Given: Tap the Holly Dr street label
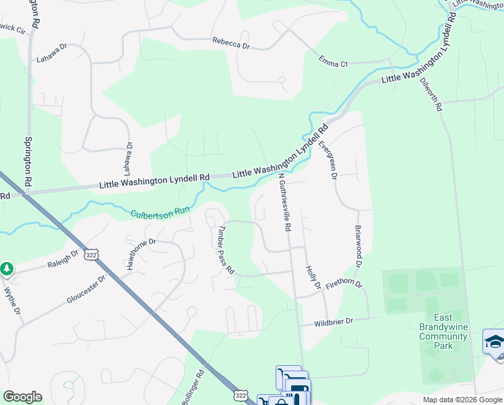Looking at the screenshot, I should [312, 277].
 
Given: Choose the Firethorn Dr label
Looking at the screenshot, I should [344, 285].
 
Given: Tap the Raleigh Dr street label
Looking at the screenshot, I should [63, 261].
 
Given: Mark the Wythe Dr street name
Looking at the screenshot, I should [11, 301].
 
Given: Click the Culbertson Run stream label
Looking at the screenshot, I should [160, 211].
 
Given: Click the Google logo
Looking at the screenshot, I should [22, 396].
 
